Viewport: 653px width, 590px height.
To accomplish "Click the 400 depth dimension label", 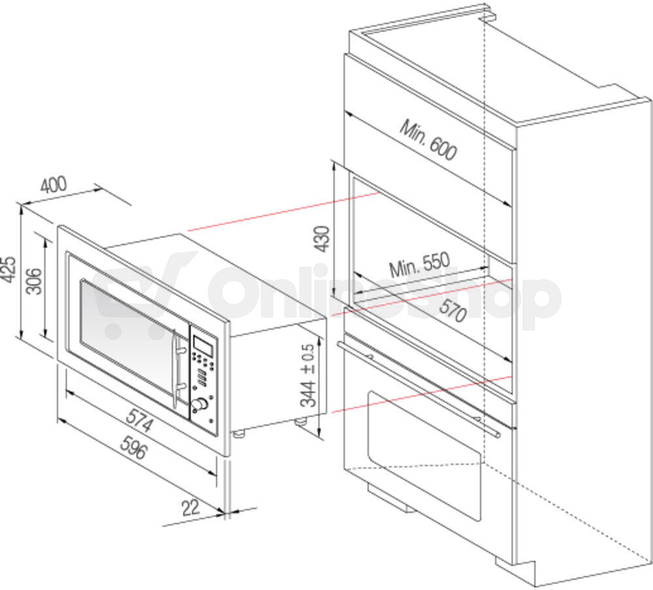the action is (x=54, y=185).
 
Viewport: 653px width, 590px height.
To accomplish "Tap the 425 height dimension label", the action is (x=8, y=270).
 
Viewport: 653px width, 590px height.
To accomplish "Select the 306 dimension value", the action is (x=34, y=281).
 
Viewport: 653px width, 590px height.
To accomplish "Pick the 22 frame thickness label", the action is (x=191, y=507).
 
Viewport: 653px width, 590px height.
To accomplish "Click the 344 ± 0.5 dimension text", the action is (x=309, y=375).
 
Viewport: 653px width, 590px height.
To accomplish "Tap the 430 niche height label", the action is (x=323, y=239).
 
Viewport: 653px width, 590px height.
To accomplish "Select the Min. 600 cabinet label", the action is (x=428, y=140).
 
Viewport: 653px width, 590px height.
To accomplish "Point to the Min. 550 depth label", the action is (x=420, y=264).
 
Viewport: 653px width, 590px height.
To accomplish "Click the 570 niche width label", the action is (x=453, y=310).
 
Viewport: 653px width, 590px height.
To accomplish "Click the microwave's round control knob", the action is (x=200, y=404).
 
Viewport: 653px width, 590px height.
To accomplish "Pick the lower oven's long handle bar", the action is (x=419, y=389).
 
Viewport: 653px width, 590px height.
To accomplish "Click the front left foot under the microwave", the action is (x=238, y=433).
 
